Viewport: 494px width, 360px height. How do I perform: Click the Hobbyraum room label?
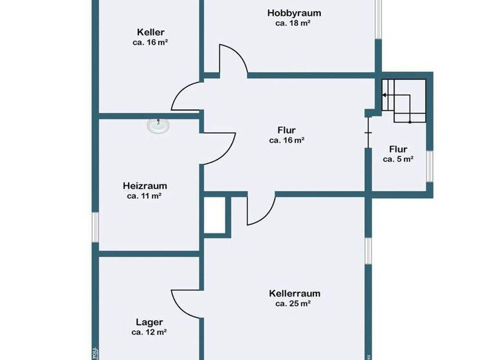pos(294,13)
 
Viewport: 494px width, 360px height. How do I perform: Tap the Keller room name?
pos(151,32)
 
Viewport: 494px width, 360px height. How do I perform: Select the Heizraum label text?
pos(144,186)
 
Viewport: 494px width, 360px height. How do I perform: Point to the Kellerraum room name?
pos(294,294)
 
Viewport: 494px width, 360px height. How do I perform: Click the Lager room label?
pos(149,322)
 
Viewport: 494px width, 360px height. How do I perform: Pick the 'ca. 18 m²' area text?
pos(293,23)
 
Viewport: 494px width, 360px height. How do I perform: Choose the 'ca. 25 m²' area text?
pos(293,304)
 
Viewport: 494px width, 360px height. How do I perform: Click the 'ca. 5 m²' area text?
pos(398,159)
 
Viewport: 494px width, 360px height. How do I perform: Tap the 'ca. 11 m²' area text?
pos(144,196)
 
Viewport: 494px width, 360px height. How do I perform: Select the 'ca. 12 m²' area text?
pos(149,332)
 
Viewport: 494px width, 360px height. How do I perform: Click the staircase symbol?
pos(405,101)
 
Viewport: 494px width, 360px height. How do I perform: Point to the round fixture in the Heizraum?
pos(158,126)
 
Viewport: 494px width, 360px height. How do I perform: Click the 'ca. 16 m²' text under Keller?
pos(151,42)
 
